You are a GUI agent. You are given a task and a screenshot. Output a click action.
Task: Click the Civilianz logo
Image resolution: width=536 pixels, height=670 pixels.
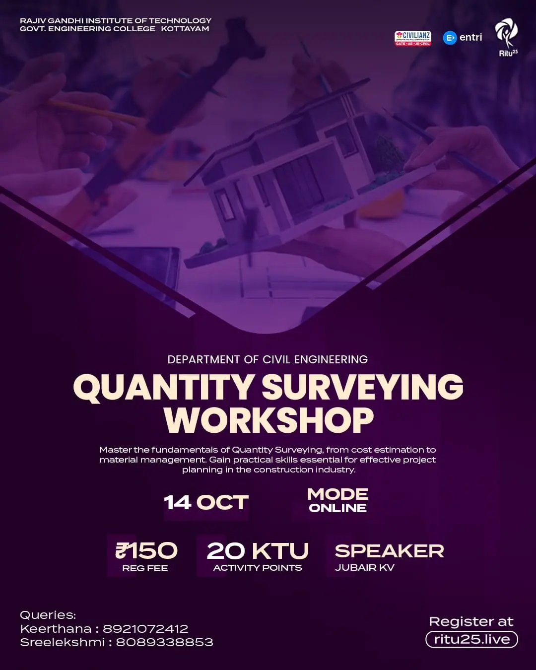[x=412, y=38]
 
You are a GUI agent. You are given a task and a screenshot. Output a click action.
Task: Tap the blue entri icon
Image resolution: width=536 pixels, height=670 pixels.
[x=450, y=38]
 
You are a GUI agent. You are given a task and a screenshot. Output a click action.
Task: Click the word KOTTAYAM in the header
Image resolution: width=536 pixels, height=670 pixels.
[x=185, y=29]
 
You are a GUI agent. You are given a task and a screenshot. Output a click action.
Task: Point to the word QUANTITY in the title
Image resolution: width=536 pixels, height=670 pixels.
[x=164, y=388]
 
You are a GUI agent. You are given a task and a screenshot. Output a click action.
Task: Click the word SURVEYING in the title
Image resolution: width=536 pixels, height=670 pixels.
[x=362, y=388]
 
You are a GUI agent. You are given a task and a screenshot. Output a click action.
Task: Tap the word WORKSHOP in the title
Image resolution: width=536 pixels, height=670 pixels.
[x=268, y=421]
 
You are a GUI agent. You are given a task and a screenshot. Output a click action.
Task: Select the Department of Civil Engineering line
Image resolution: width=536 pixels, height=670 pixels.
[x=268, y=359]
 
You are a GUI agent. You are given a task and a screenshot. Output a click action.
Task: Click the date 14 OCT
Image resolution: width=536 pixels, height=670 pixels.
[x=206, y=503]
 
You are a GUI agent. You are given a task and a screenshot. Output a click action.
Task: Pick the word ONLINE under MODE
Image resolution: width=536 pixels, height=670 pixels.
[x=337, y=508]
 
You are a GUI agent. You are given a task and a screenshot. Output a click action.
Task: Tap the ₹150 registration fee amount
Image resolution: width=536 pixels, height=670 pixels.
[x=146, y=550]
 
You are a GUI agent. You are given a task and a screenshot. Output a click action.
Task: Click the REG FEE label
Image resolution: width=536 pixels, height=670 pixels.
[x=145, y=568]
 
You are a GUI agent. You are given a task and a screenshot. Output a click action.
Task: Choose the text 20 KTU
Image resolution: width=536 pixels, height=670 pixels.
[x=258, y=550]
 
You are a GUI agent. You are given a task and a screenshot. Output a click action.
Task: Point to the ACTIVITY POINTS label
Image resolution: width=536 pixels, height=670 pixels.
[x=258, y=568]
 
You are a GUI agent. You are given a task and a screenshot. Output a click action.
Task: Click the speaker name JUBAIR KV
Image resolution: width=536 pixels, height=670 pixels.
[x=365, y=567]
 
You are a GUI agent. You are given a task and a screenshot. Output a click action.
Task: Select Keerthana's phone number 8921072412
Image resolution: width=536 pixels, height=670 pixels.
[x=145, y=629]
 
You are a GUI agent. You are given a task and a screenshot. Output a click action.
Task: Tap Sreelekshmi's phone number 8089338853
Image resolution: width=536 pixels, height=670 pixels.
[x=164, y=642]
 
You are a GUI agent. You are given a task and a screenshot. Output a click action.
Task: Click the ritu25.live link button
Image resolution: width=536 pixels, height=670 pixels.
[x=471, y=639]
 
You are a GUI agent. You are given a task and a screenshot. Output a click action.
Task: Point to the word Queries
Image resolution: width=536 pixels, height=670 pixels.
[x=48, y=615]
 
